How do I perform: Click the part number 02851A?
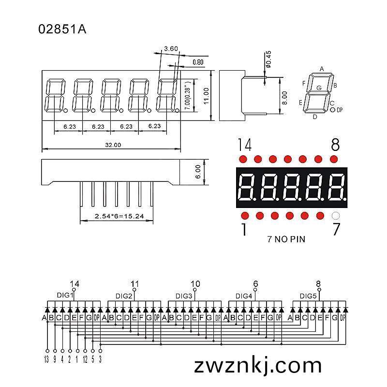[62, 29]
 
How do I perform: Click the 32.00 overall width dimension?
[113, 145]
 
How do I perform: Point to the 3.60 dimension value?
[171, 49]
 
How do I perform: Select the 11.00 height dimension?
[207, 96]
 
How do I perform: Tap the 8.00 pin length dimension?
[284, 98]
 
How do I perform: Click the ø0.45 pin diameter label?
[268, 60]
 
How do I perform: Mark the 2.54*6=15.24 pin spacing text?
[119, 216]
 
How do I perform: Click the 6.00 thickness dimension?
[198, 172]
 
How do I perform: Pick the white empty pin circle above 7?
[336, 216]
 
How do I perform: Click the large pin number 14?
[245, 145]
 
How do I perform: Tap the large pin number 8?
[335, 145]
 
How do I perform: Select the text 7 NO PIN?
[286, 239]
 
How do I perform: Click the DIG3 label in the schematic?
[184, 296]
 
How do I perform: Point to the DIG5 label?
[308, 296]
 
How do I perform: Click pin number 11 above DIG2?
[135, 284]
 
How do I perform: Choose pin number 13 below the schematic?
[46, 359]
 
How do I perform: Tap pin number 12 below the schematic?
[85, 359]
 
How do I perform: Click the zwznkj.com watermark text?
[258, 366]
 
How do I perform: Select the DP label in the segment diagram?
[340, 110]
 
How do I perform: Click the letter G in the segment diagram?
[319, 88]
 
